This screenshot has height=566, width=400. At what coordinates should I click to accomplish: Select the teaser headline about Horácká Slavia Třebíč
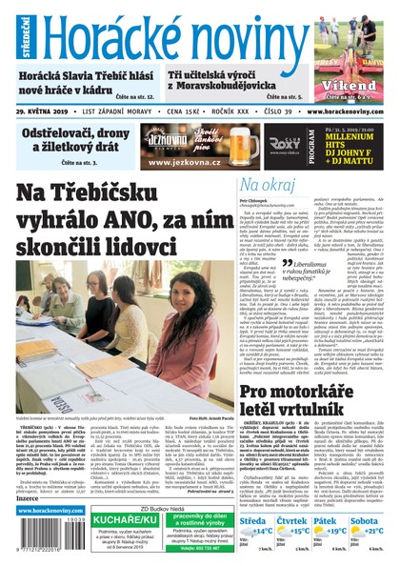[x=77, y=81]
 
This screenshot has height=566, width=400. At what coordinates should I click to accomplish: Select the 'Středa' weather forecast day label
[x=254, y=522]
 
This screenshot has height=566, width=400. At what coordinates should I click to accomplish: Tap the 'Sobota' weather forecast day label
[x=363, y=522]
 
